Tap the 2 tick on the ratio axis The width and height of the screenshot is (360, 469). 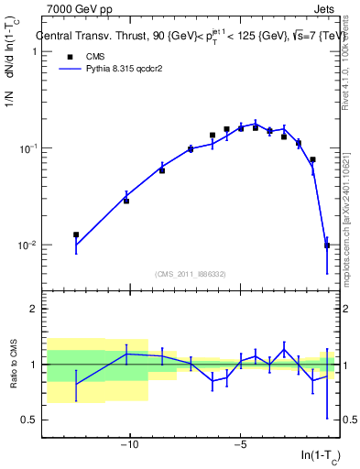point(31,310)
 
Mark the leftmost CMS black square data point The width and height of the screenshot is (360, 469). point(76,235)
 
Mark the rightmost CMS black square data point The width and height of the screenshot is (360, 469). point(327,245)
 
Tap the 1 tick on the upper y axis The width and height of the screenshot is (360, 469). point(31,51)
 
